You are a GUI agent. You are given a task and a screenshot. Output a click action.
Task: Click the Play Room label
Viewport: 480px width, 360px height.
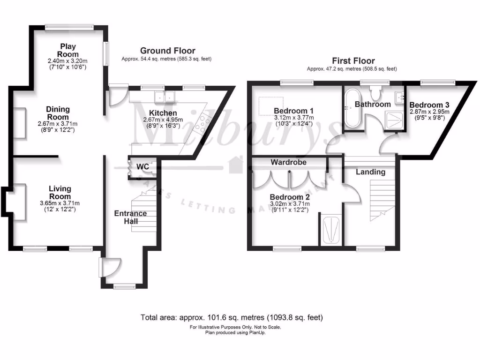[x=68, y=50]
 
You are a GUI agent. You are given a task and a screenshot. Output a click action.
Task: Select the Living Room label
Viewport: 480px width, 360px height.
[x=60, y=193]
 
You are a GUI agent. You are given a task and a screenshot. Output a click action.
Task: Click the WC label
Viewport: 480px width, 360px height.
[x=142, y=167]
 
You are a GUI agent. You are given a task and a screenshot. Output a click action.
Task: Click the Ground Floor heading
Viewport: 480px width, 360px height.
[x=167, y=51]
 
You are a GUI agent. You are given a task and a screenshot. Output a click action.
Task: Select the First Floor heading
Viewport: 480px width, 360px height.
[x=353, y=60]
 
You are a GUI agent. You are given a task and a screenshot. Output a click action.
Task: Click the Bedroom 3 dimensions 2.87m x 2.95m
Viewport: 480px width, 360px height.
[x=429, y=112]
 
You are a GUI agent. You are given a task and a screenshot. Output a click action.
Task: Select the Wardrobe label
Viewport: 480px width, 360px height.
[x=288, y=162]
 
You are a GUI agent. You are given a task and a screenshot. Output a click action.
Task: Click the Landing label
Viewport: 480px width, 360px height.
[x=370, y=172]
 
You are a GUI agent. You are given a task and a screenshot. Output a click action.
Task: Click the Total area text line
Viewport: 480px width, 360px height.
[x=232, y=317]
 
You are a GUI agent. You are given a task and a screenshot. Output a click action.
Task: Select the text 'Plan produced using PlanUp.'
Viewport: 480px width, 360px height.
[x=235, y=333]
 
